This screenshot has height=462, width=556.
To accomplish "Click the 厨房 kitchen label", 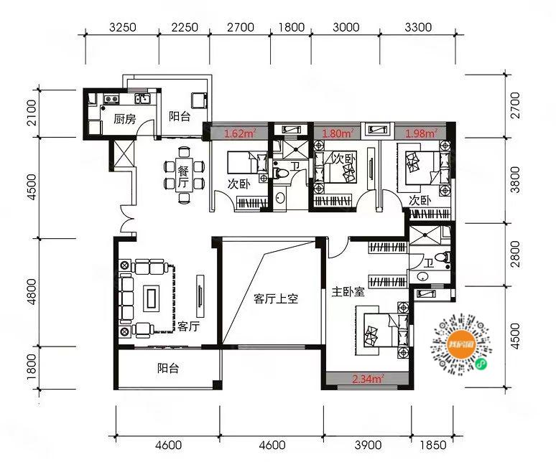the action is click(124, 119).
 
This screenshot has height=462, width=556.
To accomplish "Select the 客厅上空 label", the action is click(276, 299).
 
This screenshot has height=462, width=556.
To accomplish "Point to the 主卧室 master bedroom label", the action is click(348, 292).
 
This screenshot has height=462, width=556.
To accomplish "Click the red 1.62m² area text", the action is click(241, 133).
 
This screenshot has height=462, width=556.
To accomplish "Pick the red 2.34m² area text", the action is click(368, 379).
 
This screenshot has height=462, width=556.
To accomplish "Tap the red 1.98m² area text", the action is click(421, 133).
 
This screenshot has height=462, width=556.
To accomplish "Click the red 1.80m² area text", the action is click(337, 133).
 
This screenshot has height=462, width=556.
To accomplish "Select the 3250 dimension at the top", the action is click(122, 27).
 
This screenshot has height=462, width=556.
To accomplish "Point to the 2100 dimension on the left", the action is click(31, 113).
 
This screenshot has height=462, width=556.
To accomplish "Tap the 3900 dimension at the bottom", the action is click(368, 445).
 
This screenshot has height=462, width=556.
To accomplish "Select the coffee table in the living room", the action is click(151, 299).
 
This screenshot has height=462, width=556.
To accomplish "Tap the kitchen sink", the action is click(142, 98).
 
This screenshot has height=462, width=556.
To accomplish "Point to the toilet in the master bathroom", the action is click(444, 258).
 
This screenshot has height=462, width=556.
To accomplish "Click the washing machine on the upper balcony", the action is click(198, 100).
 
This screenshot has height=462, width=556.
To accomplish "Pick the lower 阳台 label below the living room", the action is click(168, 369).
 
